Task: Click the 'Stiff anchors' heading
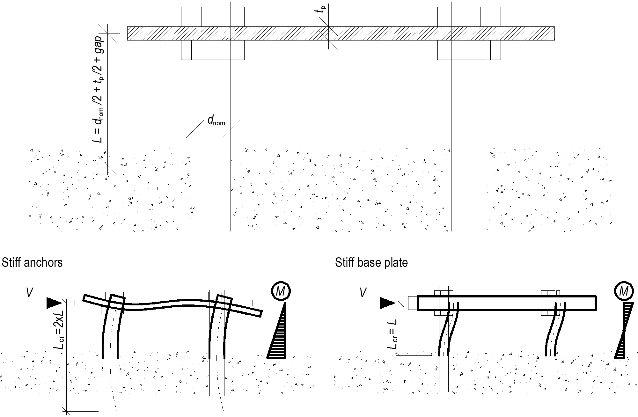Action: point(32,263)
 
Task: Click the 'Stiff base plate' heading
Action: point(371,263)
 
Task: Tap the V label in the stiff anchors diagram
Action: point(29,292)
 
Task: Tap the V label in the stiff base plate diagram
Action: point(363,292)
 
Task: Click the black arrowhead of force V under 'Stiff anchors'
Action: point(54,303)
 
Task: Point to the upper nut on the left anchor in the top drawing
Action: point(213,17)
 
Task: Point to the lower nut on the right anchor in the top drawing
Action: point(469,50)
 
